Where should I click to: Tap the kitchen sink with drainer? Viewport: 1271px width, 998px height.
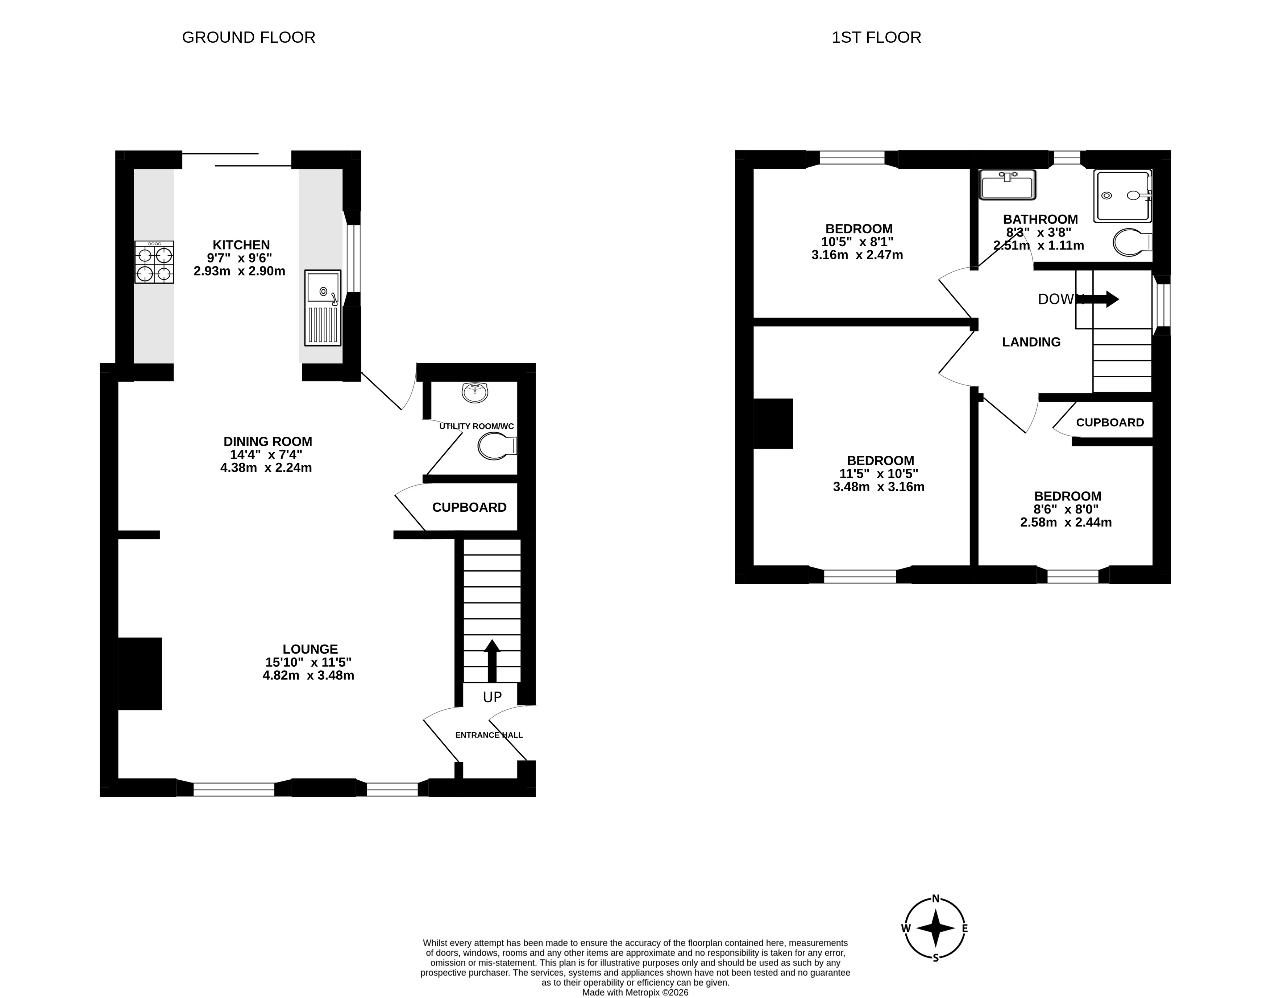pyautogui.click(x=323, y=307)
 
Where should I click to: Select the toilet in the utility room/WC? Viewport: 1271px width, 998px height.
pyautogui.click(x=497, y=447)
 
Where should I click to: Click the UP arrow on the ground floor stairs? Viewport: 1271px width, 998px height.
pyautogui.click(x=492, y=660)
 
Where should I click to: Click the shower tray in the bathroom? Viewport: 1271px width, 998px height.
pyautogui.click(x=1122, y=196)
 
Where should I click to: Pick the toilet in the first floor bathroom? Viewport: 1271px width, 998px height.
pyautogui.click(x=1133, y=242)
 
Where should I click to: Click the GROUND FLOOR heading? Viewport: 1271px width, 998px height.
pyautogui.click(x=249, y=37)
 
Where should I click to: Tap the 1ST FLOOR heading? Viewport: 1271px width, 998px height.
pyautogui.click(x=876, y=37)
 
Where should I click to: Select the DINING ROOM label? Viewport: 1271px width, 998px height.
pyautogui.click(x=268, y=442)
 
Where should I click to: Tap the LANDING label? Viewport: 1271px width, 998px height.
pyautogui.click(x=1031, y=343)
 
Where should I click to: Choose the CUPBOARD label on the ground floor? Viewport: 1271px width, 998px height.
pyautogui.click(x=469, y=507)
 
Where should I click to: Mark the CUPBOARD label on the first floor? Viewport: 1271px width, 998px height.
pyautogui.click(x=1110, y=423)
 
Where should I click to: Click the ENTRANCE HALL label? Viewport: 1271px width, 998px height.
pyautogui.click(x=489, y=735)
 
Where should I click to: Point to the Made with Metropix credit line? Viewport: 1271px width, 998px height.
pyautogui.click(x=636, y=992)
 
